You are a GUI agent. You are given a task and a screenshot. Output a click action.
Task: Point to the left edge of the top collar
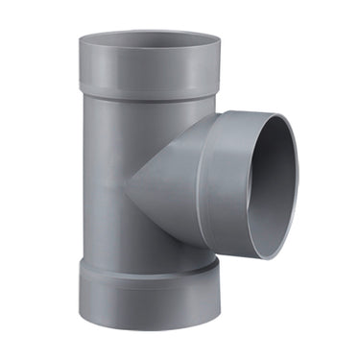pyautogui.click(x=80, y=67)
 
